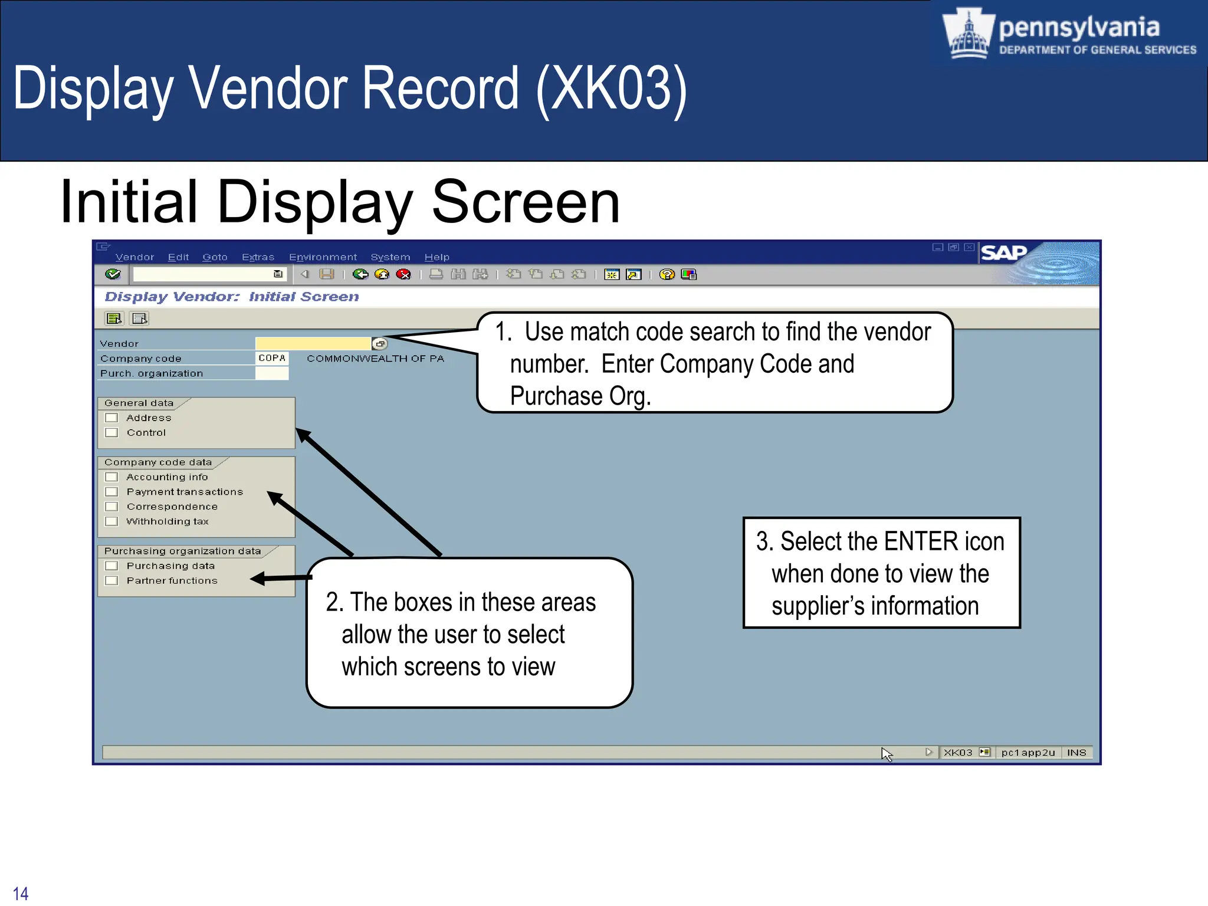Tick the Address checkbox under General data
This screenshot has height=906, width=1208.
111,418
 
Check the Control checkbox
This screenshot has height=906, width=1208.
111,432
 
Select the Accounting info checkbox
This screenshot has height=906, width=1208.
111,477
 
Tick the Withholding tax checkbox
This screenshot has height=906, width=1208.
111,521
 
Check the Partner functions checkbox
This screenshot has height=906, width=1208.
111,580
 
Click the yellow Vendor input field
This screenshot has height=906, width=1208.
313,343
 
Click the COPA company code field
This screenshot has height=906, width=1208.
272,358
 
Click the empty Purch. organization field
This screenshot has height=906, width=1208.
272,373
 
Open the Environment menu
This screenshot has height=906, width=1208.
323,257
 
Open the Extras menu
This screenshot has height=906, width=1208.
258,257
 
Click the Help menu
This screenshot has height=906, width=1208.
436,257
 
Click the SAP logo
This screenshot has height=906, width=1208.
1003,253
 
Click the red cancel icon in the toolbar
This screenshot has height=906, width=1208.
403,274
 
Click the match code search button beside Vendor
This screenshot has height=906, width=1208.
380,343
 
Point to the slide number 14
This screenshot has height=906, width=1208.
21,893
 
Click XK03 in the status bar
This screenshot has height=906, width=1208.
957,753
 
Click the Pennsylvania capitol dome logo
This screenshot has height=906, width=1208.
968,34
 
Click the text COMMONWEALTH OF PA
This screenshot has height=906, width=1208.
375,359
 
